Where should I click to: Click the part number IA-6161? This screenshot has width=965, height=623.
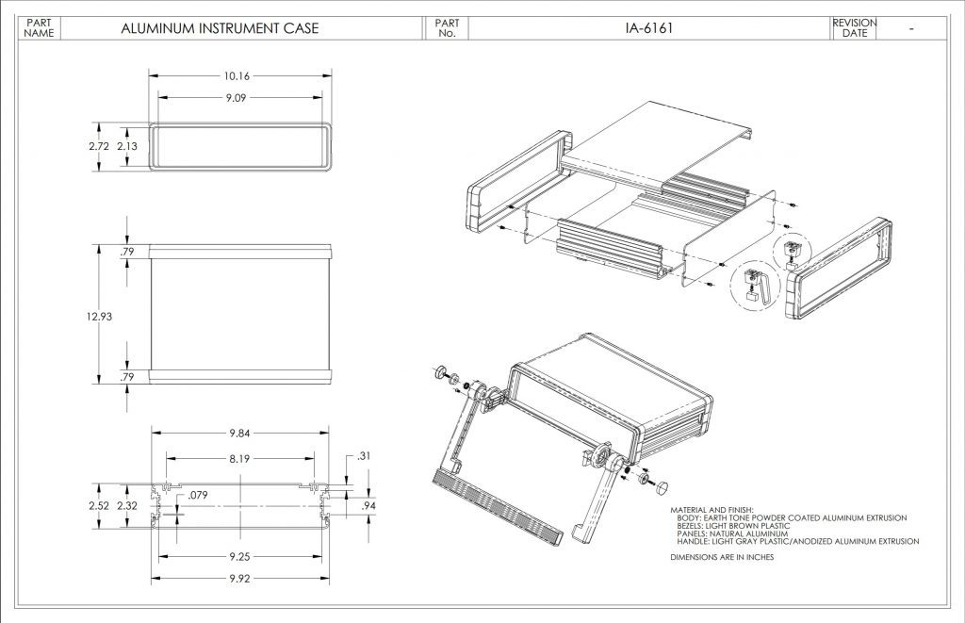648,28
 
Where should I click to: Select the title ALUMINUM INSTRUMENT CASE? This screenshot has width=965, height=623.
220,28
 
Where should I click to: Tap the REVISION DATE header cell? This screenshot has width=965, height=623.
854,28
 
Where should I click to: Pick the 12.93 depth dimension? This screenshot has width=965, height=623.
99,317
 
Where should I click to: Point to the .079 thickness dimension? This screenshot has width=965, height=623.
198,494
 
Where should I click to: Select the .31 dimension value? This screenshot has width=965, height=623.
365,456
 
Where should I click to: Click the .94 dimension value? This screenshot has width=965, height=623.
369,506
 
